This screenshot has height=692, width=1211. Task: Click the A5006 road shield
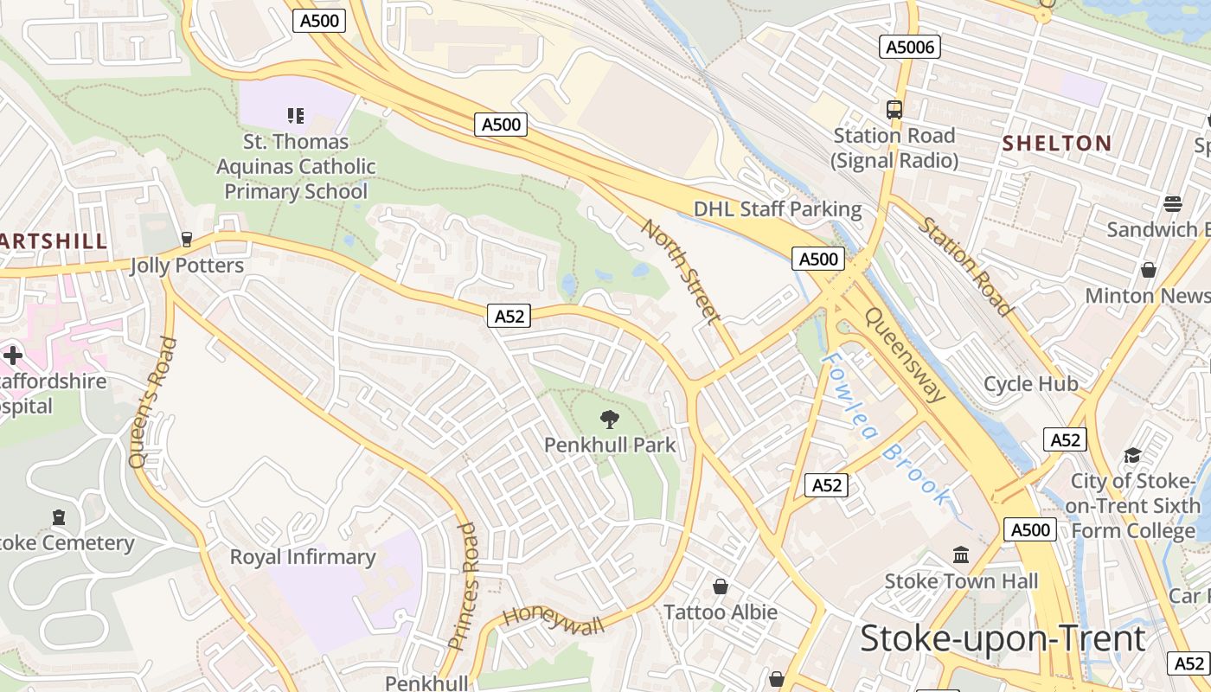click(x=910, y=47)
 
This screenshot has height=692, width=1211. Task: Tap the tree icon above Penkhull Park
click(x=610, y=420)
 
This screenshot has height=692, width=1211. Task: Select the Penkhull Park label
click(x=610, y=445)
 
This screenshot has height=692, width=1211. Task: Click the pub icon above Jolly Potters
click(x=186, y=240)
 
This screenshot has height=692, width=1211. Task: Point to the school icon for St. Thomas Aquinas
click(x=296, y=115)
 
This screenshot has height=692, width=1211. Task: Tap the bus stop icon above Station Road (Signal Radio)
click(x=894, y=110)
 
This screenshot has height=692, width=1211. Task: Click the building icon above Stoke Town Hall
click(x=961, y=554)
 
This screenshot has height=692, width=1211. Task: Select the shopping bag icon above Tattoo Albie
click(x=720, y=587)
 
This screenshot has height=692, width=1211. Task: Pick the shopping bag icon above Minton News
click(x=1149, y=270)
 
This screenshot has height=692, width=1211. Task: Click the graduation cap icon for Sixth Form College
click(x=1132, y=455)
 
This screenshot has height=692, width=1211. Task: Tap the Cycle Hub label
click(x=1031, y=383)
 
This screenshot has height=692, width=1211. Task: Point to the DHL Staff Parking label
click(x=778, y=209)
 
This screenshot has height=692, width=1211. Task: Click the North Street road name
click(x=682, y=272)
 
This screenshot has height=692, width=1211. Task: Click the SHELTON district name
click(x=1057, y=144)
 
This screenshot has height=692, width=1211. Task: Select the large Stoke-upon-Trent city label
click(x=1003, y=638)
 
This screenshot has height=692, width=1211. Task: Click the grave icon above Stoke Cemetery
click(x=59, y=517)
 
